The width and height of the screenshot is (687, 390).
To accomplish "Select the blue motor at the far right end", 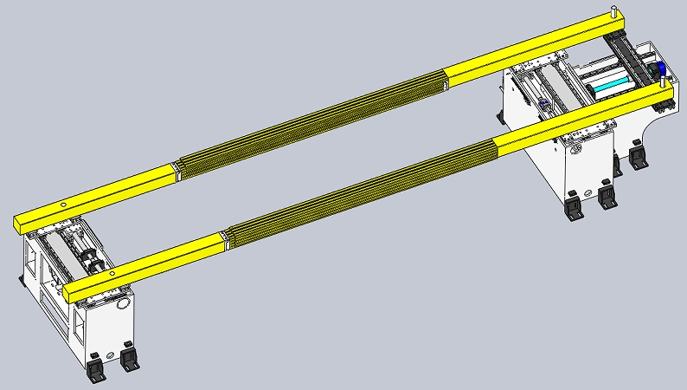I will (x=657, y=69).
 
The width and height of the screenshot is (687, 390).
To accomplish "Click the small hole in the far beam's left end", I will (x=63, y=205).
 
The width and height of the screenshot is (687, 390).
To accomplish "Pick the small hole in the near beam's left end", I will (x=112, y=276).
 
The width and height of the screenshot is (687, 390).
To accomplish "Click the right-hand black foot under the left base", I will (x=130, y=357).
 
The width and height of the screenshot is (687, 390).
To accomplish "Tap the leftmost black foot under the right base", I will (x=573, y=209).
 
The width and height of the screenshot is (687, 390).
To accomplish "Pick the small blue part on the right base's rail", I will (x=543, y=105).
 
